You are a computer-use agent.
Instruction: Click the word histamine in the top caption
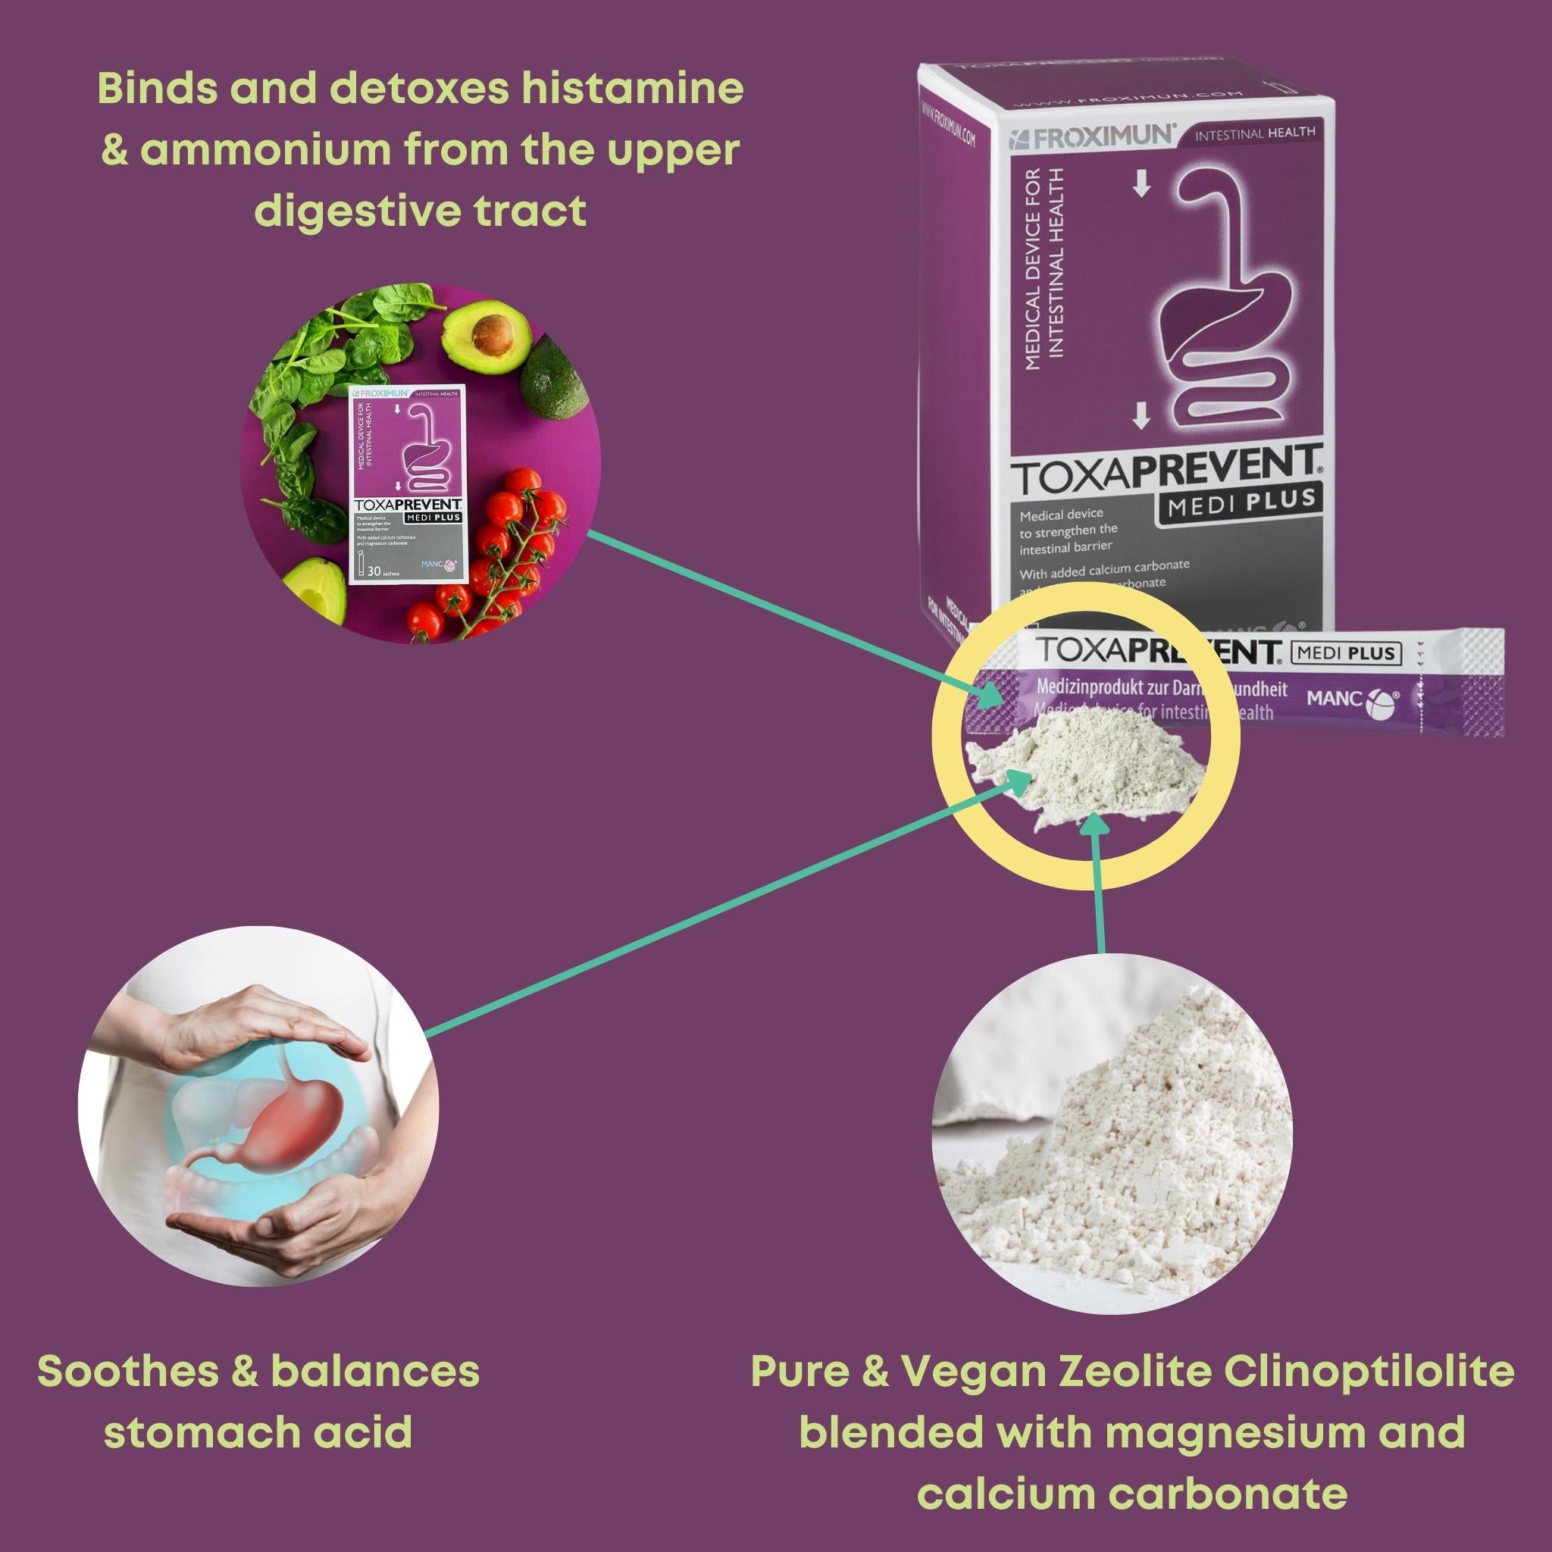(x=631, y=89)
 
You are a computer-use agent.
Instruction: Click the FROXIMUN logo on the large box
(x=1094, y=136)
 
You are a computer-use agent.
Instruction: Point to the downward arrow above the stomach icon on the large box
(x=1141, y=186)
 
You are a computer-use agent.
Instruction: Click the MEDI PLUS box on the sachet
(x=1345, y=653)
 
